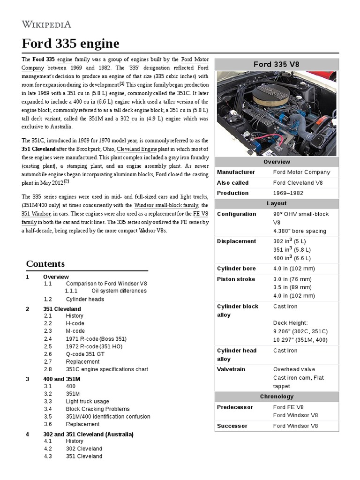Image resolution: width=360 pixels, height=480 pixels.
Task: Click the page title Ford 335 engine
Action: (71, 44)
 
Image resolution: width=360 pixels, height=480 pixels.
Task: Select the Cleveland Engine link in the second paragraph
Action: (137, 149)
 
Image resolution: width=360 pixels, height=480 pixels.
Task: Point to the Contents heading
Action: (45, 263)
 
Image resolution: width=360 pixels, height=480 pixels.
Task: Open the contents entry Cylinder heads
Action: (85, 299)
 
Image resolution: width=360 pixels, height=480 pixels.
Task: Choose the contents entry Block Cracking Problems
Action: (97, 409)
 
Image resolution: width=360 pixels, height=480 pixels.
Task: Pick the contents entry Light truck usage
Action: (87, 401)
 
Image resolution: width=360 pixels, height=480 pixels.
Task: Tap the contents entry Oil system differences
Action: (119, 291)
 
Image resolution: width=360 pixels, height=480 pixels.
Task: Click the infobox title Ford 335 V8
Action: (276, 64)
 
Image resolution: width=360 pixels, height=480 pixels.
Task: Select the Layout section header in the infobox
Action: (276, 203)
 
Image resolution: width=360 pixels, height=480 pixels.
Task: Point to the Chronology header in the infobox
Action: (276, 397)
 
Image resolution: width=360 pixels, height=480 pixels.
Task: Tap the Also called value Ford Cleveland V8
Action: (301, 182)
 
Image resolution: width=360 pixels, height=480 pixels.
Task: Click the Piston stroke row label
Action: (236, 279)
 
